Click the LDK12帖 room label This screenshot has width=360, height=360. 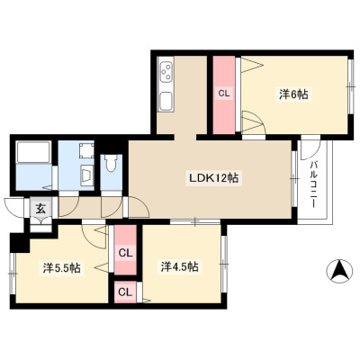click(x=213, y=178)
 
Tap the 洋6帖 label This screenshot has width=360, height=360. click(x=293, y=94)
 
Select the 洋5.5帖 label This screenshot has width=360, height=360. click(x=61, y=268)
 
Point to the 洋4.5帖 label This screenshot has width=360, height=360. click(x=179, y=266)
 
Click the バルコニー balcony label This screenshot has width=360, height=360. click(x=314, y=184)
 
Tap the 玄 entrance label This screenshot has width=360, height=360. click(x=40, y=209)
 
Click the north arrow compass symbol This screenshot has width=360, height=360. click(x=338, y=270)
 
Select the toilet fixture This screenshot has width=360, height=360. click(x=111, y=164)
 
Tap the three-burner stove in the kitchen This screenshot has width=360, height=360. click(x=166, y=71)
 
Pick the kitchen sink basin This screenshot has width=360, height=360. click(x=166, y=101)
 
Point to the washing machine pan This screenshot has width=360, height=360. click(x=86, y=151)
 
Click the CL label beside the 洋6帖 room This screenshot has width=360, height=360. click(x=223, y=94)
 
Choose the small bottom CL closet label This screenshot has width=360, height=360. click(x=125, y=292)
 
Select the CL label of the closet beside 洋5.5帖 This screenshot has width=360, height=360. click(x=125, y=254)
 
